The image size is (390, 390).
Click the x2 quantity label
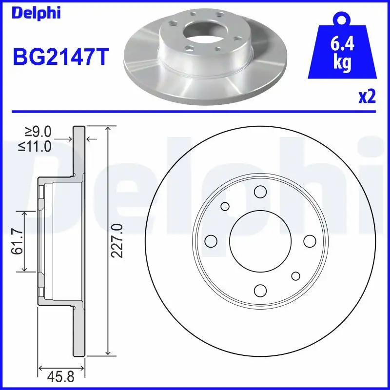pyautogui.click(x=367, y=97)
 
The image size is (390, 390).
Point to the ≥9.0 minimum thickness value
pyautogui.click(x=38, y=132)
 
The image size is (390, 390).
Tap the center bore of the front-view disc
pyautogui.click(x=260, y=241)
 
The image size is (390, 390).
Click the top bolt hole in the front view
pyautogui.click(x=260, y=191)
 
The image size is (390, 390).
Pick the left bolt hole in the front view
pyautogui.click(x=211, y=241)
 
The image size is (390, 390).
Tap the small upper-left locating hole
pyautogui.click(x=225, y=206)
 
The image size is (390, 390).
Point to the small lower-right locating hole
pyautogui.click(x=295, y=276)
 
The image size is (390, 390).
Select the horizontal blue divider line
pyautogui.click(x=195, y=111)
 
